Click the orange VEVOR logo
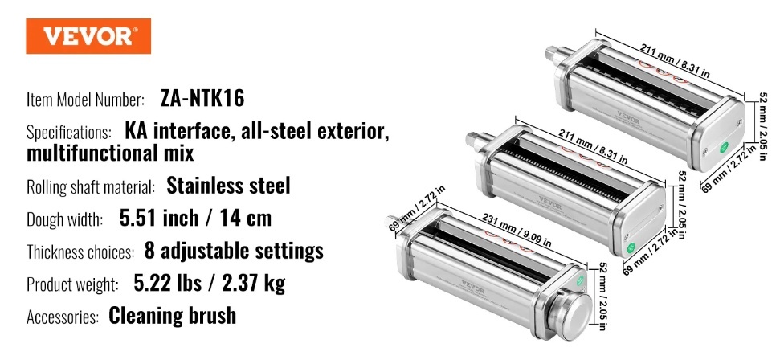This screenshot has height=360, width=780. pyautogui.click(x=88, y=36)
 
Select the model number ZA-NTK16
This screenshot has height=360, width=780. pyautogui.click(x=203, y=99)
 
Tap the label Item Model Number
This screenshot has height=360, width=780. pyautogui.click(x=86, y=100)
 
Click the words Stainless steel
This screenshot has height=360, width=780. pyautogui.click(x=228, y=186)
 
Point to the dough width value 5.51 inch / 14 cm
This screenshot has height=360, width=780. pyautogui.click(x=195, y=218)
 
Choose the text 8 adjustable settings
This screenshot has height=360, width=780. pyautogui.click(x=234, y=251)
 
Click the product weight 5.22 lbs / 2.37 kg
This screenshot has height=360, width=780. pyautogui.click(x=210, y=284)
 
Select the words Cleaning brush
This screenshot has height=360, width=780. pyautogui.click(x=172, y=316)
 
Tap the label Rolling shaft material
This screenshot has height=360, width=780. pyautogui.click(x=91, y=187)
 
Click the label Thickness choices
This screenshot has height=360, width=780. pyautogui.click(x=80, y=252)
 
